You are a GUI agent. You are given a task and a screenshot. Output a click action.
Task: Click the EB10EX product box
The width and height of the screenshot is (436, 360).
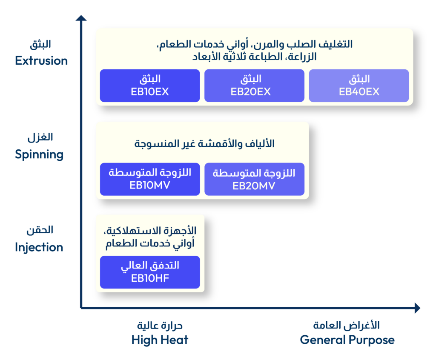[x=150, y=86]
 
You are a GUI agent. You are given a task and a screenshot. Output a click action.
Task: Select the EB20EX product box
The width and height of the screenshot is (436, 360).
[x=255, y=86]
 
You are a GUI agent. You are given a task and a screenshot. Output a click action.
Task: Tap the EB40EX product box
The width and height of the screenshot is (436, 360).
[x=359, y=86]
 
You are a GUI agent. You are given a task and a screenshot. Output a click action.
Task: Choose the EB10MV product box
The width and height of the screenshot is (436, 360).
[x=150, y=179]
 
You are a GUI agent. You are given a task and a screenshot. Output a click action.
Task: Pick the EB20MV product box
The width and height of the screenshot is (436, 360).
[x=255, y=179]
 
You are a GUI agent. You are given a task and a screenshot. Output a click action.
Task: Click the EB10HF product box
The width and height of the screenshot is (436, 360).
[x=150, y=272]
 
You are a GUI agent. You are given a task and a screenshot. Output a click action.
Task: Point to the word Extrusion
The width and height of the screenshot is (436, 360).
[x=41, y=60]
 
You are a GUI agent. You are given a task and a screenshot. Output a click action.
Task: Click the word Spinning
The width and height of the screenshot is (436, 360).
[x=39, y=154]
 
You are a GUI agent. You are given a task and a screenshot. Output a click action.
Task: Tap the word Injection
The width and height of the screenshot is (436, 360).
[x=39, y=247]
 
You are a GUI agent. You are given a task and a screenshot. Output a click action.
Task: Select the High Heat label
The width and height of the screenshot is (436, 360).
[x=160, y=340]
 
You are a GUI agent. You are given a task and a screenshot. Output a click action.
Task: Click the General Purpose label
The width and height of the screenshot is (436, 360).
[x=347, y=340]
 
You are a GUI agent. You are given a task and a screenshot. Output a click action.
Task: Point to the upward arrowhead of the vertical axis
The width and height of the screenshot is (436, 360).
[x=81, y=18]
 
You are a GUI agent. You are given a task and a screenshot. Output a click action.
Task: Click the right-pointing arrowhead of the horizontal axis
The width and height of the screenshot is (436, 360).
[x=417, y=308]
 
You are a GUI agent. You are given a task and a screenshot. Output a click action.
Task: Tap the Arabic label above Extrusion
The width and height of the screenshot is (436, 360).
[x=40, y=44]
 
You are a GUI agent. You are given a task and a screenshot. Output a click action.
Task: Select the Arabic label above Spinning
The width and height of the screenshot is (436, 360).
[x=40, y=137]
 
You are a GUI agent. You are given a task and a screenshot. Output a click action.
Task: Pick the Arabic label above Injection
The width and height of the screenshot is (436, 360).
[x=40, y=230]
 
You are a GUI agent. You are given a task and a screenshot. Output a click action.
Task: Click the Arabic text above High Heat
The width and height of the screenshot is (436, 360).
[x=160, y=326]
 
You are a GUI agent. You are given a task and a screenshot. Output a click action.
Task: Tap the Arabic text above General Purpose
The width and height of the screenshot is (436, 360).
[x=347, y=325]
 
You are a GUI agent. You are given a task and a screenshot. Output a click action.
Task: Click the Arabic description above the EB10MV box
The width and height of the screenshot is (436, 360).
[x=204, y=144]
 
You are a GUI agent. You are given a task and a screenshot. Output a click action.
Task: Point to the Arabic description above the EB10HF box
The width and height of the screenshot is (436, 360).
[x=150, y=237]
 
